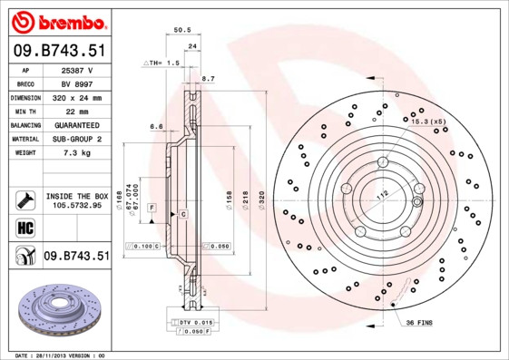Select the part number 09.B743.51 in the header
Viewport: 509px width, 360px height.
(x=58, y=53)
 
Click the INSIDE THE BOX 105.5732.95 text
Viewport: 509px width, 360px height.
(x=76, y=200)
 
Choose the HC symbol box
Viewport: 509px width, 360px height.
(x=24, y=227)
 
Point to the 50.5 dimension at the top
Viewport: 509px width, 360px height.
(x=181, y=30)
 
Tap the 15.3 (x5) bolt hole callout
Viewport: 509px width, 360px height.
(x=429, y=121)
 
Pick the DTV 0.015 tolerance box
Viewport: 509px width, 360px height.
(x=194, y=323)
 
